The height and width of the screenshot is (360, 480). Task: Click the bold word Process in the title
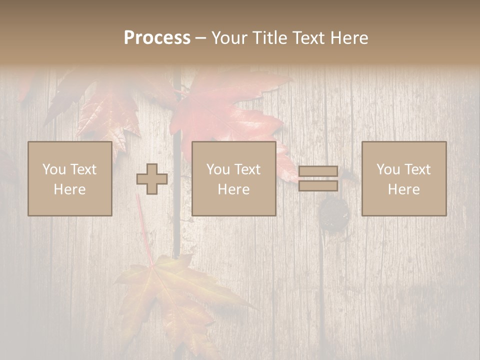[x=157, y=38]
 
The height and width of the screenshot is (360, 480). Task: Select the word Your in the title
[x=230, y=38]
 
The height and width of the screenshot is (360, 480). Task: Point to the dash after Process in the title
[x=200, y=38]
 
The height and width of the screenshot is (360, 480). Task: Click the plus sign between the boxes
[x=152, y=179]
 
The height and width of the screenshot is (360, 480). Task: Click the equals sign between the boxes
[x=318, y=178]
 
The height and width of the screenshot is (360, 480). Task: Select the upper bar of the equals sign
[x=318, y=171]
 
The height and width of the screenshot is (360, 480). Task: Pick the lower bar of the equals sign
[x=318, y=186]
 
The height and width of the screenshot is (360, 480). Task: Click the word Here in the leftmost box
[x=69, y=189]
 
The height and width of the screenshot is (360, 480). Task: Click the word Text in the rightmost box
[x=418, y=169]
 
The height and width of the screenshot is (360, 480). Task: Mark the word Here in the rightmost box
[x=403, y=189]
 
